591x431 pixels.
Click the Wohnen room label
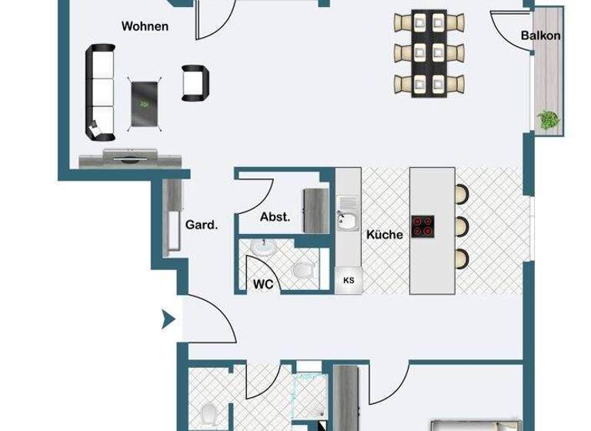tap(145, 26)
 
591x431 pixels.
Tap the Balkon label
tap(540, 35)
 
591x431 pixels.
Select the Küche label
tap(384, 235)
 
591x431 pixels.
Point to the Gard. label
tap(202, 226)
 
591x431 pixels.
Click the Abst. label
tap(275, 217)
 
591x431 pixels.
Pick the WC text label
tap(263, 283)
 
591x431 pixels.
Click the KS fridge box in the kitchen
tap(348, 280)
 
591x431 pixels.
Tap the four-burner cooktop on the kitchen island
tap(422, 226)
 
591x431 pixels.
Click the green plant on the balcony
tap(549, 120)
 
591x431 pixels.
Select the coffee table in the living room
tap(144, 102)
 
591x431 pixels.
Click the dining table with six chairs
tap(429, 52)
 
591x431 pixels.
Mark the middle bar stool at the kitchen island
tap(462, 226)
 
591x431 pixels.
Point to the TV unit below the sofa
tap(131, 159)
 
